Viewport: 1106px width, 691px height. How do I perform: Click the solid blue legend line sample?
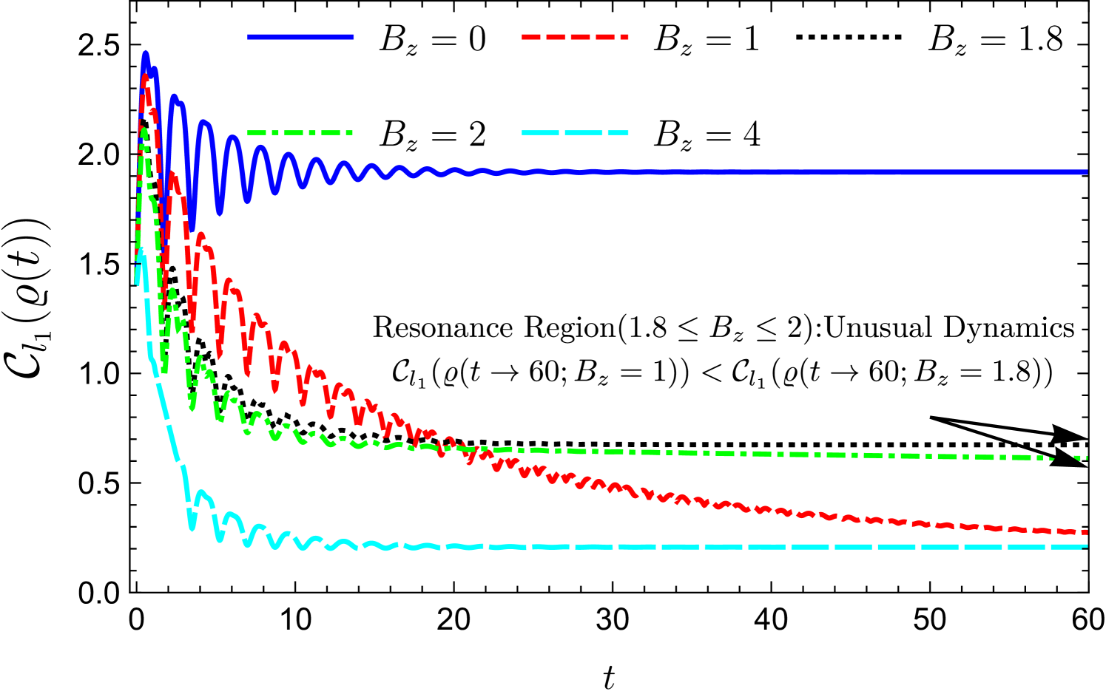300,36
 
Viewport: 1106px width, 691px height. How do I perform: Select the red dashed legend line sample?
575,36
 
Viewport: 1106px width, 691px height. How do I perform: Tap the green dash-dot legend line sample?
300,133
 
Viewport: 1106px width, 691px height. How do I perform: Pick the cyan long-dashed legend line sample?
575,133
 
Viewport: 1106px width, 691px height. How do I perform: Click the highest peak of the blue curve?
146,54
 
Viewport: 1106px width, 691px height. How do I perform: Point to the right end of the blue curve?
1087,172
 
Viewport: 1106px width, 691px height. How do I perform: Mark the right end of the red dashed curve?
1087,532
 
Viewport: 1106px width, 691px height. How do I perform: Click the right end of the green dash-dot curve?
1087,458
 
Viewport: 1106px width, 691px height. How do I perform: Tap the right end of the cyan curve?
1087,547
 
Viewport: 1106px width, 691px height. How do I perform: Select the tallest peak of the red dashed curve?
146,77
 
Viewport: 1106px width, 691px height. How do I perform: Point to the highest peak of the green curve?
144,130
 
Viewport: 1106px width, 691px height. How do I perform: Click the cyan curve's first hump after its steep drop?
201,492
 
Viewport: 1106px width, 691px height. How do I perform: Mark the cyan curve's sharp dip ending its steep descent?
192,528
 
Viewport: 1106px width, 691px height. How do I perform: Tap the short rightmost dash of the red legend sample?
624,36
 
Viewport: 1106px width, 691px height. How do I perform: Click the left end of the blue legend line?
249,36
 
